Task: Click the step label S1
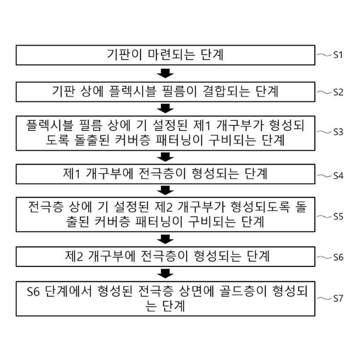[338, 55]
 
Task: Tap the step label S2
[338, 92]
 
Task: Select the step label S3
[338, 132]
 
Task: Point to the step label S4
[338, 176]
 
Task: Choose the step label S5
[338, 217]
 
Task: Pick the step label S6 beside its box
[338, 257]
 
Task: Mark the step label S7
[338, 298]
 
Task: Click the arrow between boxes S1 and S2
[166, 73]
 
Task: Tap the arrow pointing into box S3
[166, 109]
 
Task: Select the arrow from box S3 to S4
[166, 157]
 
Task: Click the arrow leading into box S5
[166, 190]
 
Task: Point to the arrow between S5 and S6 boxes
[166, 239]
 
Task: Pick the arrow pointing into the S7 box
[166, 274]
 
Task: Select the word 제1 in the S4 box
[71, 174]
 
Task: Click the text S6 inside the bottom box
[33, 292]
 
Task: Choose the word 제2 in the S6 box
[74, 256]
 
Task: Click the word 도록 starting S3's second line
[57, 140]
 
